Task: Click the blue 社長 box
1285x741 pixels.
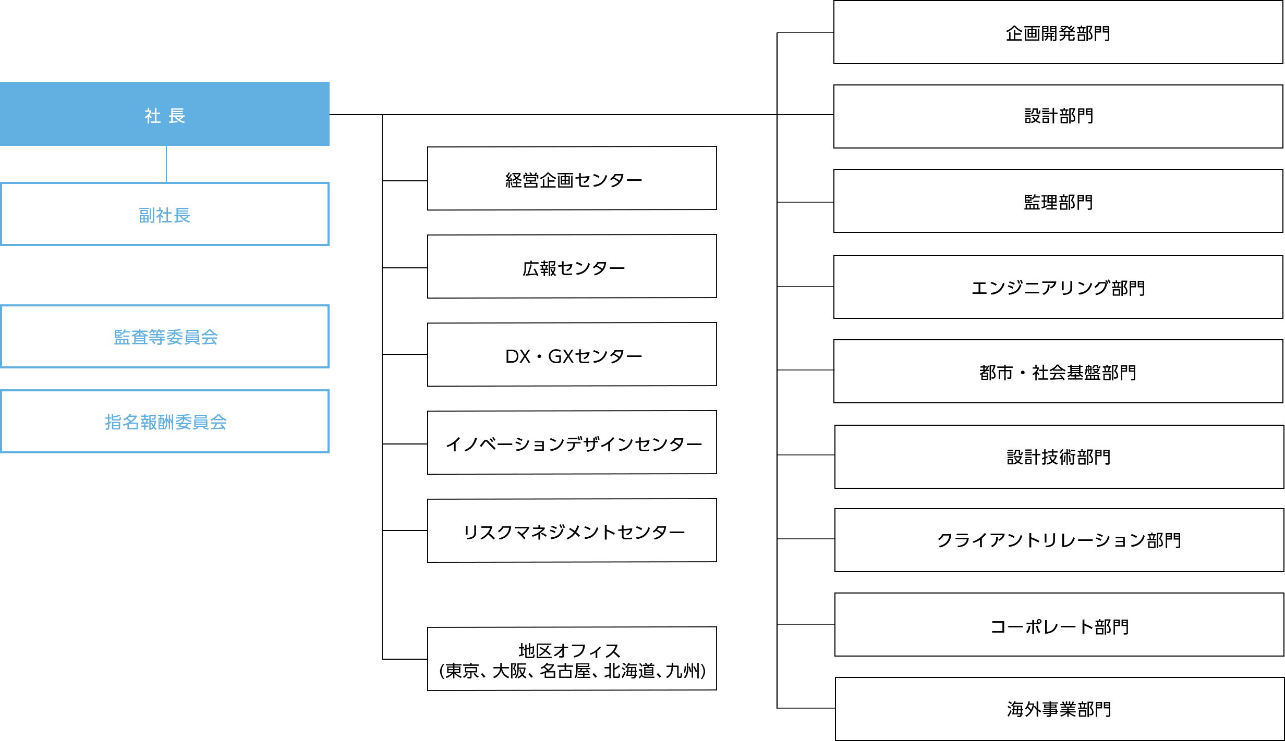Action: coord(165,114)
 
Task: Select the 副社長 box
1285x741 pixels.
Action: coord(165,214)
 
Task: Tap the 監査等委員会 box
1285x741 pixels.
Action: coord(165,337)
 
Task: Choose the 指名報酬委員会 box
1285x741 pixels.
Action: coord(165,422)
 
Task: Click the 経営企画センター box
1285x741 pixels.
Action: coord(572,178)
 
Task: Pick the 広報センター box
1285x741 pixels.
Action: coord(572,266)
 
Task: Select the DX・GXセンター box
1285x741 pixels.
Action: coord(572,354)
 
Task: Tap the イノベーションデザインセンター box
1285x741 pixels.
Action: coord(572,442)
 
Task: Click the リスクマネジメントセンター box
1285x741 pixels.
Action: coord(572,530)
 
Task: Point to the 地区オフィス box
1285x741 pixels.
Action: coord(572,659)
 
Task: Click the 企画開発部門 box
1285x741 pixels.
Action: coord(1058,32)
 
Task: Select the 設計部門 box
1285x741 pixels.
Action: coord(1058,117)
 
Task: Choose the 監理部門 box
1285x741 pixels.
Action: coord(1058,201)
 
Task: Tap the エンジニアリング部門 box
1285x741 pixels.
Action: coord(1058,287)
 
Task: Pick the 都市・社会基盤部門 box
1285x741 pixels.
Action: coord(1058,372)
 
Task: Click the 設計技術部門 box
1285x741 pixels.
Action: coord(1059,457)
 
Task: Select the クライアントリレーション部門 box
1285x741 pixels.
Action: coord(1059,540)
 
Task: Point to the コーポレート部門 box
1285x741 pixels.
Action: coord(1059,625)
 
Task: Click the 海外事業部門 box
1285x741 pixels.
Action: coord(1060,709)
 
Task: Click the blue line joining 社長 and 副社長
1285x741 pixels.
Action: coord(166,164)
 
